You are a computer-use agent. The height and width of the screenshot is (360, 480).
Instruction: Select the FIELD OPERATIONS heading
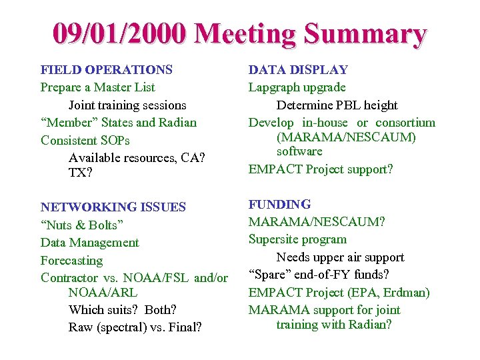coord(107,69)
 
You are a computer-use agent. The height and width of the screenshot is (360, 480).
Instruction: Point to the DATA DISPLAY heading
coord(298,69)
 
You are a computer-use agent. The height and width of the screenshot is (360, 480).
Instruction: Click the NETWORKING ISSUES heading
coord(113,207)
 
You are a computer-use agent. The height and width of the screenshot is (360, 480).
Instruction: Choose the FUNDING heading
coord(279,204)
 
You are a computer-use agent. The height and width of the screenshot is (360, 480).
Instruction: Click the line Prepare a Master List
coord(98,87)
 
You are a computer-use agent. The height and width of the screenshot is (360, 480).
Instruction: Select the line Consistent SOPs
coord(85,141)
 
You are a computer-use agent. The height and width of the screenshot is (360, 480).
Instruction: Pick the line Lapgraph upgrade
coord(297,87)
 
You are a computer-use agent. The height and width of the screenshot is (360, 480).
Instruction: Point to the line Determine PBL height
coord(337,105)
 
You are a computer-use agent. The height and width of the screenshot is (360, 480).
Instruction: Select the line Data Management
coord(90,243)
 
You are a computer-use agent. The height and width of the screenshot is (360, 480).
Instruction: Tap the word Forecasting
coord(72,261)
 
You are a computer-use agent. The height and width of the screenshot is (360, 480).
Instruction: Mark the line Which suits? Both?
coord(123,309)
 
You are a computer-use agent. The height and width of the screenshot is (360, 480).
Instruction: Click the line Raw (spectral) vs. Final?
coord(135,327)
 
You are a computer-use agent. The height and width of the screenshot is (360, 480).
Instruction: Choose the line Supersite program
coord(298,239)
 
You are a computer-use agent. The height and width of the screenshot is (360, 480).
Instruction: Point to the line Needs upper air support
coord(340,257)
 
